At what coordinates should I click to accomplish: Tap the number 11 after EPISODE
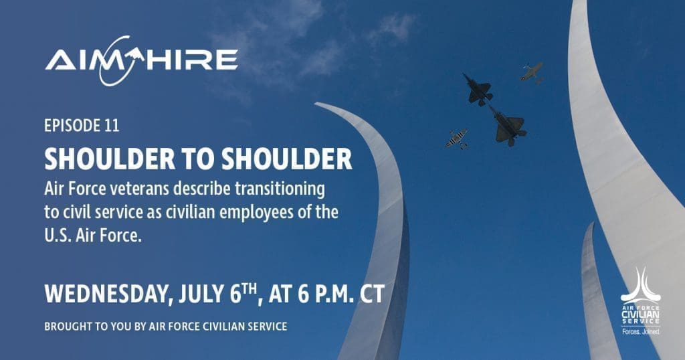tap(112, 126)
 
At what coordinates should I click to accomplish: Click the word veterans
tap(139, 189)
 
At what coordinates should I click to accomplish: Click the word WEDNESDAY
tap(106, 294)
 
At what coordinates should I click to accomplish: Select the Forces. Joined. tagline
tap(641, 332)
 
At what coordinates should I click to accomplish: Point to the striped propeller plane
tap(456, 139)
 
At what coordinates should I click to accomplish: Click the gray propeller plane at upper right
tap(532, 72)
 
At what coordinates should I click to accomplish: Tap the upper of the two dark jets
tap(478, 90)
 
